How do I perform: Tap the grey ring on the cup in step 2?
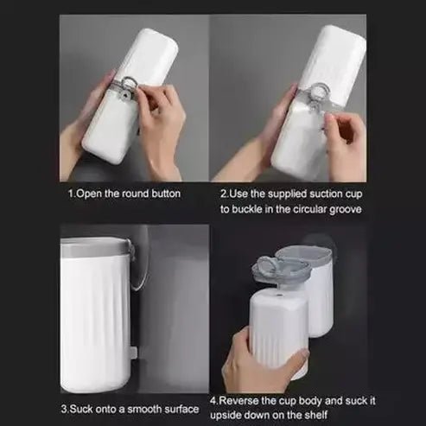click(x=317, y=92)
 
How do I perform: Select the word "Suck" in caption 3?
click(x=84, y=408)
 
